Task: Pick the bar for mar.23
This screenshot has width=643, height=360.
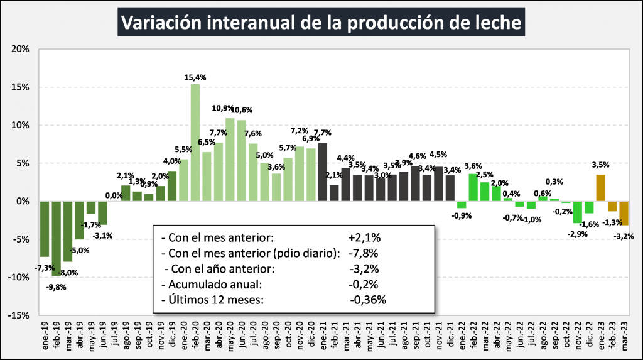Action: pos(624,213)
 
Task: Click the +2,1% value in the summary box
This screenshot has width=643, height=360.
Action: pos(365,239)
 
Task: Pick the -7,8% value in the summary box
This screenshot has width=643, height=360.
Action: pos(365,254)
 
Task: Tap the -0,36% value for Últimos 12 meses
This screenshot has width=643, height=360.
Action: pos(368,299)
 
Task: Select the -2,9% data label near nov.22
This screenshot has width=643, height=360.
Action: pos(577,234)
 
